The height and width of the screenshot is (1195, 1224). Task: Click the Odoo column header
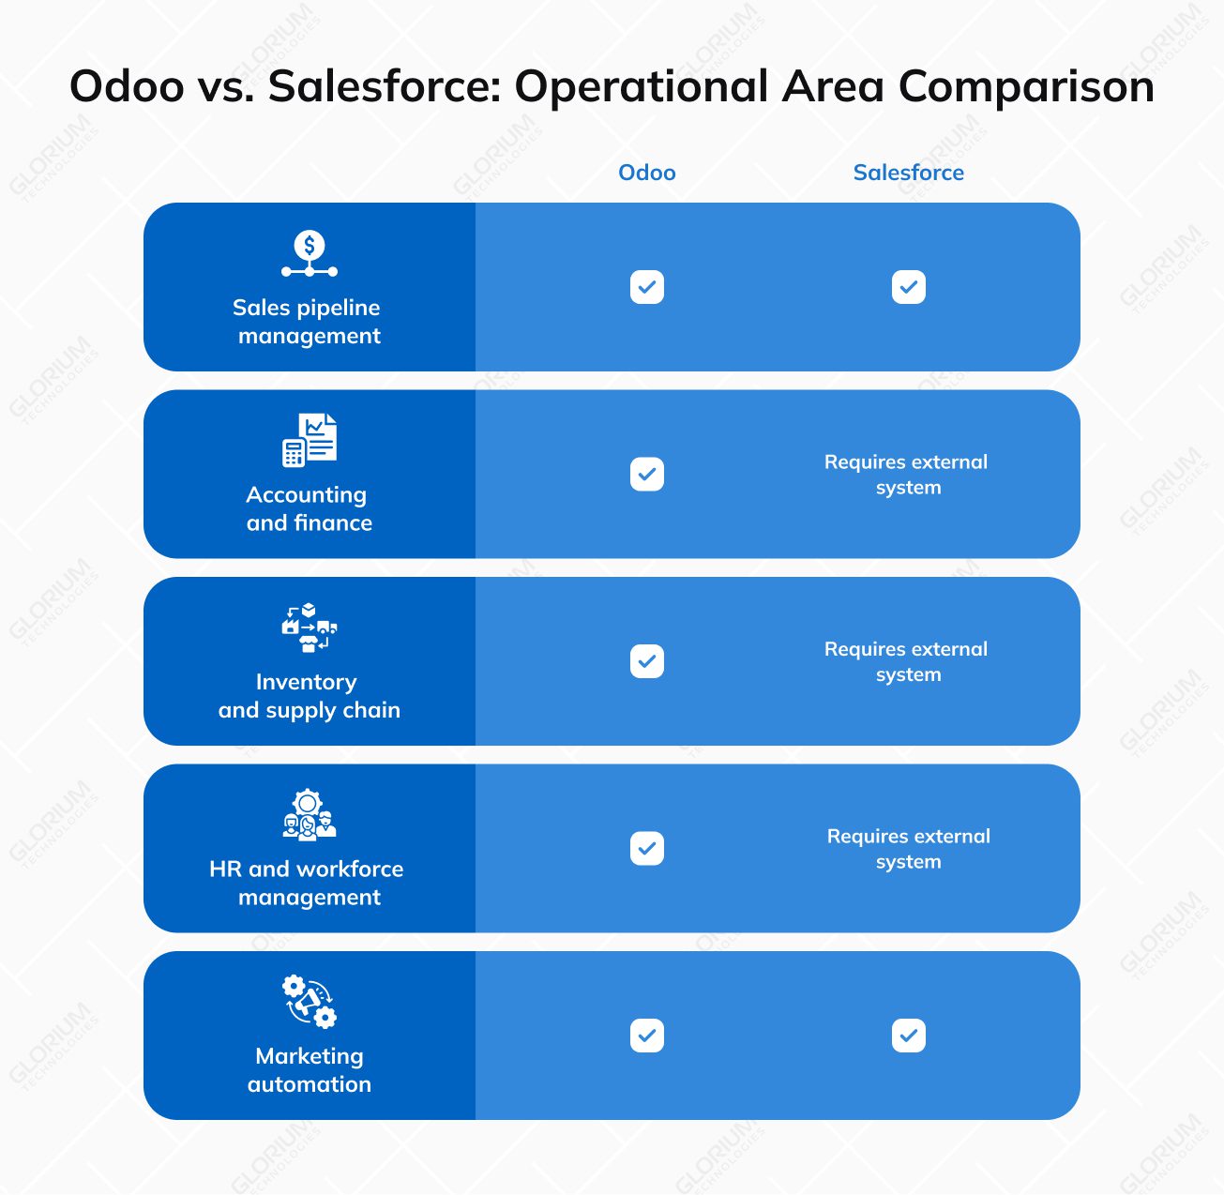coord(646,173)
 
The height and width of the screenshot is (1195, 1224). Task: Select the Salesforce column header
coord(908,173)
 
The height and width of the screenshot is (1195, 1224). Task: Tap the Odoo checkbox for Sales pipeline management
coord(646,287)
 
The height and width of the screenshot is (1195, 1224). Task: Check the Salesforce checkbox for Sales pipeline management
coord(908,287)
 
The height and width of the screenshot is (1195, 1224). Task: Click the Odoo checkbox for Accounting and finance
coord(646,475)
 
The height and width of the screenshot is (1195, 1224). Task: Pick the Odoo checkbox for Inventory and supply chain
coord(646,661)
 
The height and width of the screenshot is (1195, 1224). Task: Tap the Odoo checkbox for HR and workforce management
coord(646,849)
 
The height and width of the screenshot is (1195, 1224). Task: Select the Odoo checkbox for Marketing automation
coord(646,1036)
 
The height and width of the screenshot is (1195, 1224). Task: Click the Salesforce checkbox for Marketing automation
coord(908,1036)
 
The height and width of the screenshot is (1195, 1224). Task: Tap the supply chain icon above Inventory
coord(309,628)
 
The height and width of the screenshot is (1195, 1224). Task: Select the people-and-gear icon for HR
coord(309,814)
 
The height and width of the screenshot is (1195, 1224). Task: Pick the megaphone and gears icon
coord(309,1002)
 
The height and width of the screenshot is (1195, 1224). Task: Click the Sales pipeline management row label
coord(309,322)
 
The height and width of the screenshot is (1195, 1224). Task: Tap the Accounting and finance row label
coord(309,508)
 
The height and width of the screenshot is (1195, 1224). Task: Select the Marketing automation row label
coord(309,1070)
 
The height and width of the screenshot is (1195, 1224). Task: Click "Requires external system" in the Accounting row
coord(907,475)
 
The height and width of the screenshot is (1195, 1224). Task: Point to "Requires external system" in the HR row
coord(908,849)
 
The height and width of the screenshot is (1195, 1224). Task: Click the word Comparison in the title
coord(1026,86)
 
